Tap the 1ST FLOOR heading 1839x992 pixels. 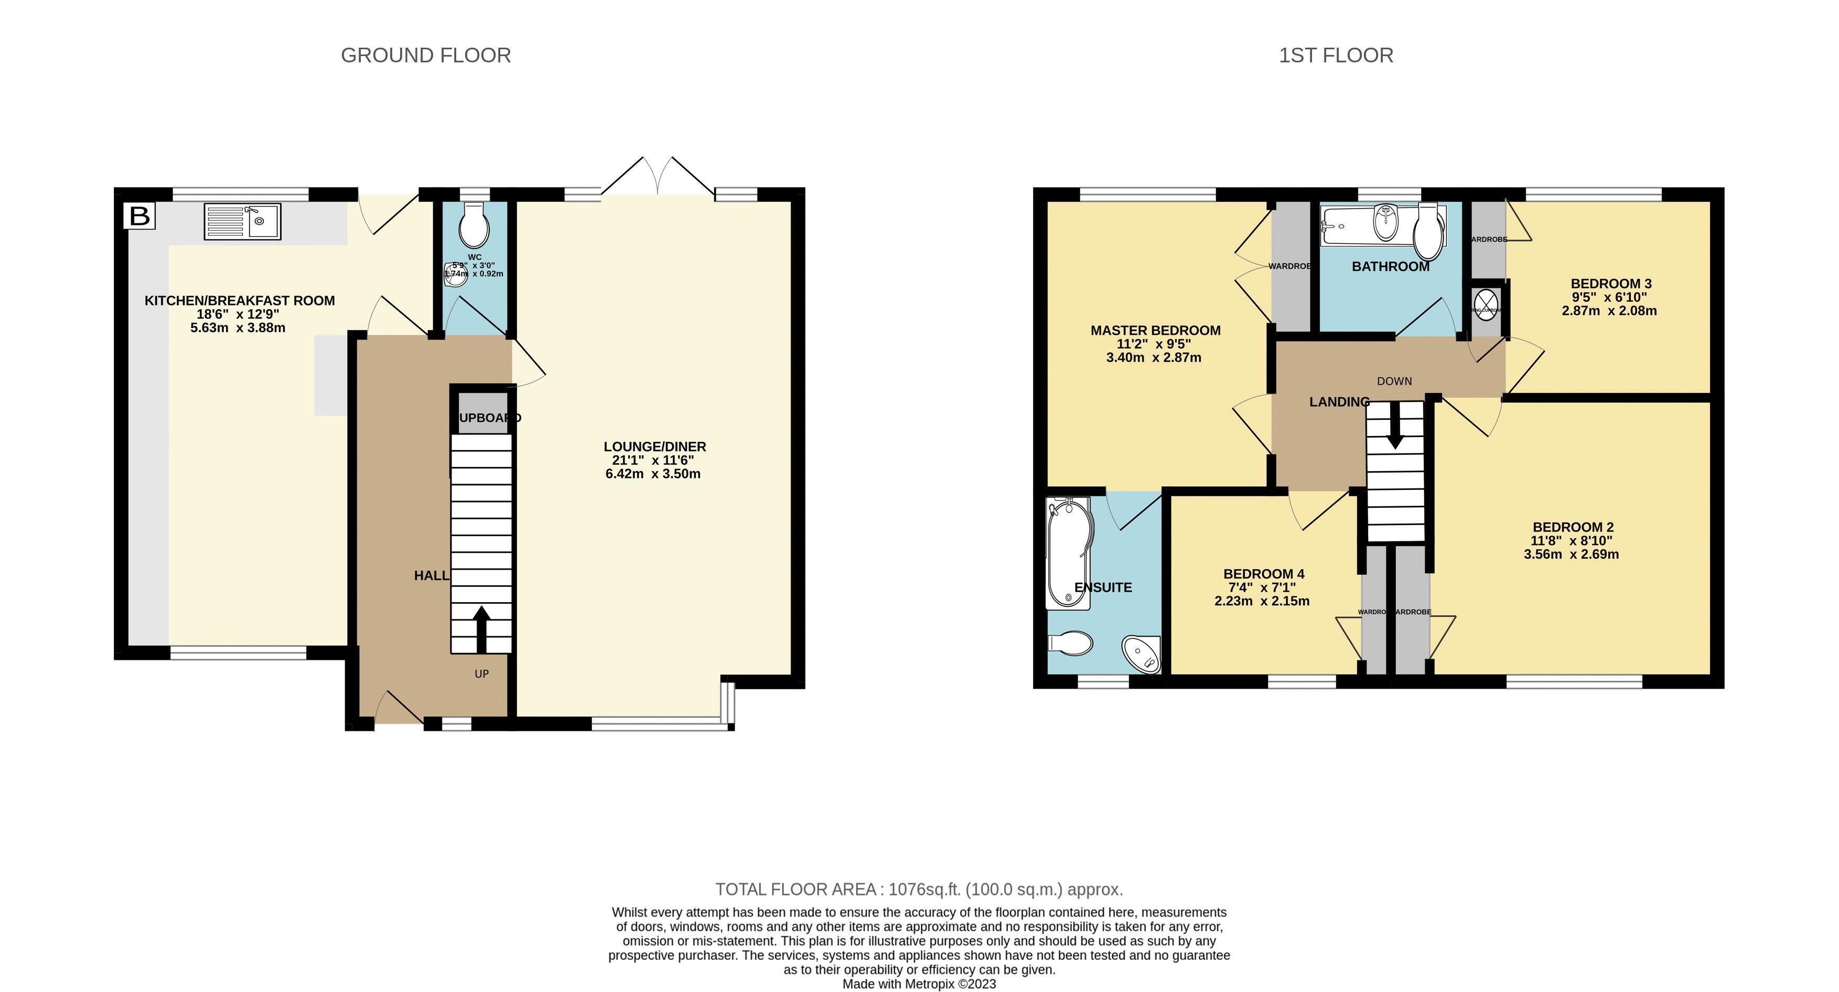point(1335,56)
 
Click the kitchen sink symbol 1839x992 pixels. point(242,221)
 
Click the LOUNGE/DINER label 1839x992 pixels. point(654,447)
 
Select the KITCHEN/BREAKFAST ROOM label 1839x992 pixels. point(239,300)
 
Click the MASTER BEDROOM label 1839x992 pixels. point(1155,331)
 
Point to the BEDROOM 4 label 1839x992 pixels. point(1264,574)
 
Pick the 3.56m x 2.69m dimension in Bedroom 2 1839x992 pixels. point(1571,554)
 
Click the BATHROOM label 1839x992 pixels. point(1390,267)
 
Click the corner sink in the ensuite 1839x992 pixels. point(1141,653)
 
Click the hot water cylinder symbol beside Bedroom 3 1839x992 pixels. point(1486,308)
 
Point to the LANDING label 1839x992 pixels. point(1339,402)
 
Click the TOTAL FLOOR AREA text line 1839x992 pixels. point(919,889)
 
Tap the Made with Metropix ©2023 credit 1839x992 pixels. point(919,984)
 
